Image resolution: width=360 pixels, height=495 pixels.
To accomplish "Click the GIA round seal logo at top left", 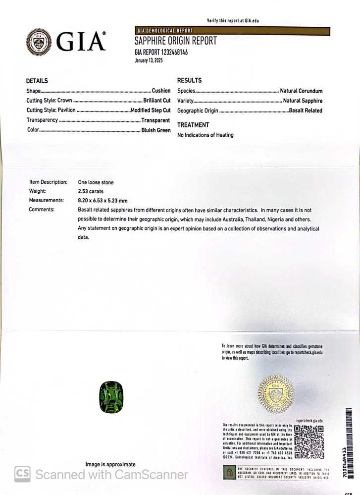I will [39, 42].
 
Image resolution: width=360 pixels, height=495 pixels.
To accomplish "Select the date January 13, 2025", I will [149, 60].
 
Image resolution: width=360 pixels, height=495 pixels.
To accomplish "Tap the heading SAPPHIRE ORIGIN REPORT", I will [176, 41].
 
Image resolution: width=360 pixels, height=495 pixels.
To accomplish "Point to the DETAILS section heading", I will [37, 81].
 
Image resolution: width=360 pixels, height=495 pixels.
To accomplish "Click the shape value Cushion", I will [161, 91].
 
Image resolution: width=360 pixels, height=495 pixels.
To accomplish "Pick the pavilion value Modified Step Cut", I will [151, 110].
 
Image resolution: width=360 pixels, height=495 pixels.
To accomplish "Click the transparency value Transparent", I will [155, 120].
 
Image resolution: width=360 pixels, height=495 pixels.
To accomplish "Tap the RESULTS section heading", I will [189, 80].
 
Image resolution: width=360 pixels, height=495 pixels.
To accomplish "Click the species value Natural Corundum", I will [301, 91].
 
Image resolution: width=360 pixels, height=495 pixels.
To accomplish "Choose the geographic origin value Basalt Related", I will [306, 110].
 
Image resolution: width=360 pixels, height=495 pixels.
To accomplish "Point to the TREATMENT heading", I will [193, 125].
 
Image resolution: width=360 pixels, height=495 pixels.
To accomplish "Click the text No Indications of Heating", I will [206, 135].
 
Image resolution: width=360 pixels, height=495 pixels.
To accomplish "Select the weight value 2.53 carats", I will [91, 191].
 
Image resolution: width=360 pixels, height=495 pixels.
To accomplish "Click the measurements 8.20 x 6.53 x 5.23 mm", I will [103, 201].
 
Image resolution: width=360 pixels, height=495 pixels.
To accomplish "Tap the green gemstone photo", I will [111, 397].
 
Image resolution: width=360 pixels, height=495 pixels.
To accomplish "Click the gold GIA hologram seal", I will [276, 394].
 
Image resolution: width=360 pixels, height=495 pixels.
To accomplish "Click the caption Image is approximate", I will [110, 464].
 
